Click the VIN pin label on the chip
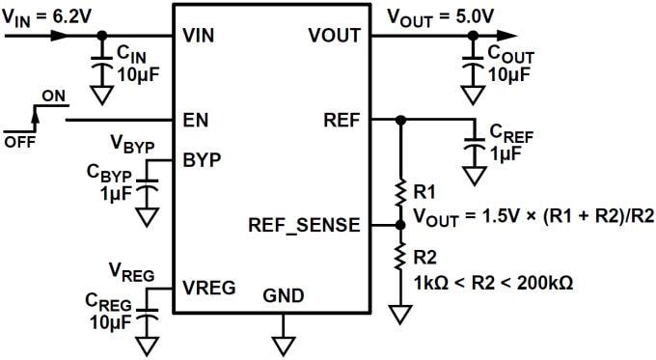(x=200, y=36)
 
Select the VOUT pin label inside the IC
(x=334, y=36)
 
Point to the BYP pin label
(x=201, y=159)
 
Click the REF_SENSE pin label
(x=304, y=225)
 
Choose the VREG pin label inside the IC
(x=207, y=287)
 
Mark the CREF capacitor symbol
(x=474, y=145)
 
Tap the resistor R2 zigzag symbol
(x=399, y=256)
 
